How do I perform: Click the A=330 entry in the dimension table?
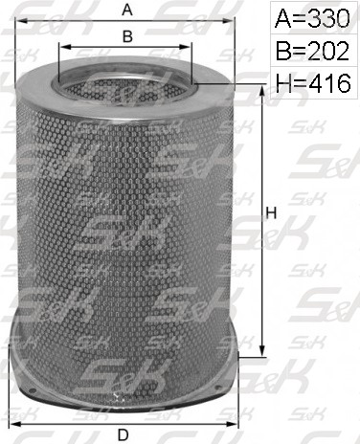pyautogui.click(x=312, y=18)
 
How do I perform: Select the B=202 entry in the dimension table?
pyautogui.click(x=312, y=51)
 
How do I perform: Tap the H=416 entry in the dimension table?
pyautogui.click(x=313, y=83)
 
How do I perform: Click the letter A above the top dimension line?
pyautogui.click(x=127, y=11)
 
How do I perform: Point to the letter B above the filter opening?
pyautogui.click(x=127, y=36)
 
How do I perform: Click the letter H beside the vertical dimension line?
pyautogui.click(x=271, y=213)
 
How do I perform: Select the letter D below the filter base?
pyautogui.click(x=124, y=434)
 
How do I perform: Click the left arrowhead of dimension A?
pyautogui.click(x=20, y=21)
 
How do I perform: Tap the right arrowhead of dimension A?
pyautogui.click(x=229, y=21)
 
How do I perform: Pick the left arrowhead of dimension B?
pyautogui.click(x=64, y=47)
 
